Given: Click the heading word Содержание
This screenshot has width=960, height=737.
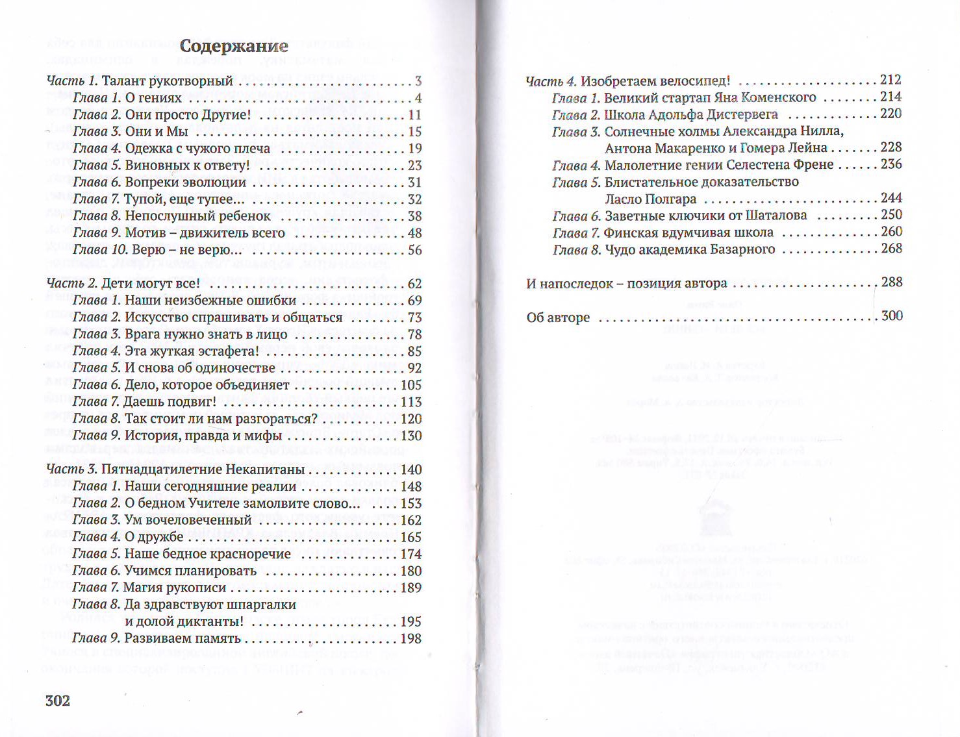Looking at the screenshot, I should click(234, 46).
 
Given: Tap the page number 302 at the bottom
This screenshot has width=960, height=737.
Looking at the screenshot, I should click(58, 700).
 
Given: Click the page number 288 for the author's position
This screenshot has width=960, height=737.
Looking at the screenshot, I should click(891, 282).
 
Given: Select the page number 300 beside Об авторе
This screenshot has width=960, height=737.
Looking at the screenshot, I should click(892, 316).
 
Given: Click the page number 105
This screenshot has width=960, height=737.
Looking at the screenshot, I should click(411, 385).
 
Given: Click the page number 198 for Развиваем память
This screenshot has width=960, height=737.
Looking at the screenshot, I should click(411, 638).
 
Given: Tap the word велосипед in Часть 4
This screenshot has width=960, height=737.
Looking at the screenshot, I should click(696, 81).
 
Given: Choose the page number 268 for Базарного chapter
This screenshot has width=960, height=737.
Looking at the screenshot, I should click(891, 249).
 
